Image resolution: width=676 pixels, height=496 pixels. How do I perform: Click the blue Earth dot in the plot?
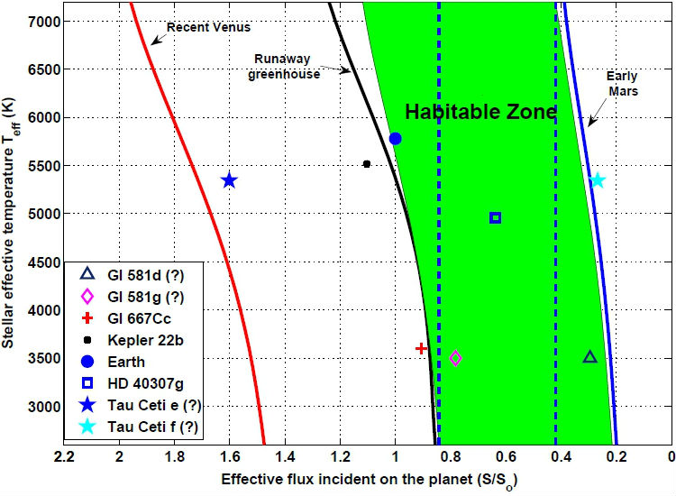tap(395, 138)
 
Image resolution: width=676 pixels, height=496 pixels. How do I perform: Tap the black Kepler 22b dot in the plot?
tap(367, 164)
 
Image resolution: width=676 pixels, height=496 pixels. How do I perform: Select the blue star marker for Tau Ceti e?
tap(229, 180)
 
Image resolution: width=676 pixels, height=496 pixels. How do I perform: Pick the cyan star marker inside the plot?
tap(597, 179)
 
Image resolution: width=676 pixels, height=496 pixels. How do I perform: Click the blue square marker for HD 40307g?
tap(495, 217)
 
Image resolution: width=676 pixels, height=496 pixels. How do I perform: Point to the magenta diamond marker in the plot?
tap(455, 358)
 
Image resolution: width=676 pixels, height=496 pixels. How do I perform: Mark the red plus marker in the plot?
tap(421, 348)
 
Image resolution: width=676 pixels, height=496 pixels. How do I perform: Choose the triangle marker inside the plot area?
tap(589, 357)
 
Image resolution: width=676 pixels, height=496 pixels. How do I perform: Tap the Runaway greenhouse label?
tap(285, 67)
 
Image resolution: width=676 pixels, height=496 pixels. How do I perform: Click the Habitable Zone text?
tap(480, 113)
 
